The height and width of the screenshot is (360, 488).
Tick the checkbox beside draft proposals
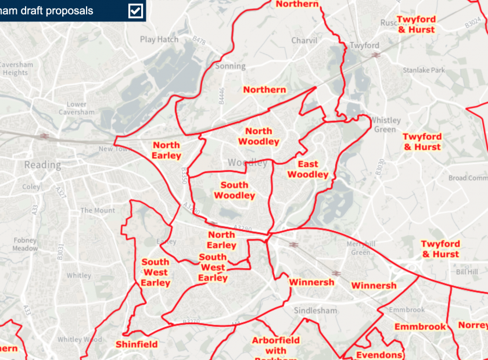[x=136, y=11]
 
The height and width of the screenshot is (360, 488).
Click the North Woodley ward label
[x=259, y=136]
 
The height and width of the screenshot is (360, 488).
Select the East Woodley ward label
[x=308, y=170]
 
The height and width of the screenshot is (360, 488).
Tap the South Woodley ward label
[x=235, y=190]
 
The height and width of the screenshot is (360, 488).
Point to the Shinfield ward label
[x=137, y=344]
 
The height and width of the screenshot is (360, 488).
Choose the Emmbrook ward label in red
[x=420, y=327]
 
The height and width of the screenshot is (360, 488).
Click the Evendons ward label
[x=379, y=355]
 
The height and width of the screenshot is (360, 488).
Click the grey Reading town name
[x=42, y=165]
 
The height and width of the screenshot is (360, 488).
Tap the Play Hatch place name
[x=159, y=39]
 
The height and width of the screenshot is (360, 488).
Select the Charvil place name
[x=304, y=41]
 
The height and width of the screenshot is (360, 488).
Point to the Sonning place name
[x=231, y=66]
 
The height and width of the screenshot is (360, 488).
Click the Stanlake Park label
[x=425, y=70]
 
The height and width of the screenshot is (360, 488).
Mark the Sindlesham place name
[x=315, y=311]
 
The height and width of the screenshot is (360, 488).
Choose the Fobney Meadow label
[x=25, y=244]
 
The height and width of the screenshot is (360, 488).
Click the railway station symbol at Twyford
[x=376, y=55]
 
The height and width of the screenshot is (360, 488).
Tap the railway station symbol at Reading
[x=44, y=136]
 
